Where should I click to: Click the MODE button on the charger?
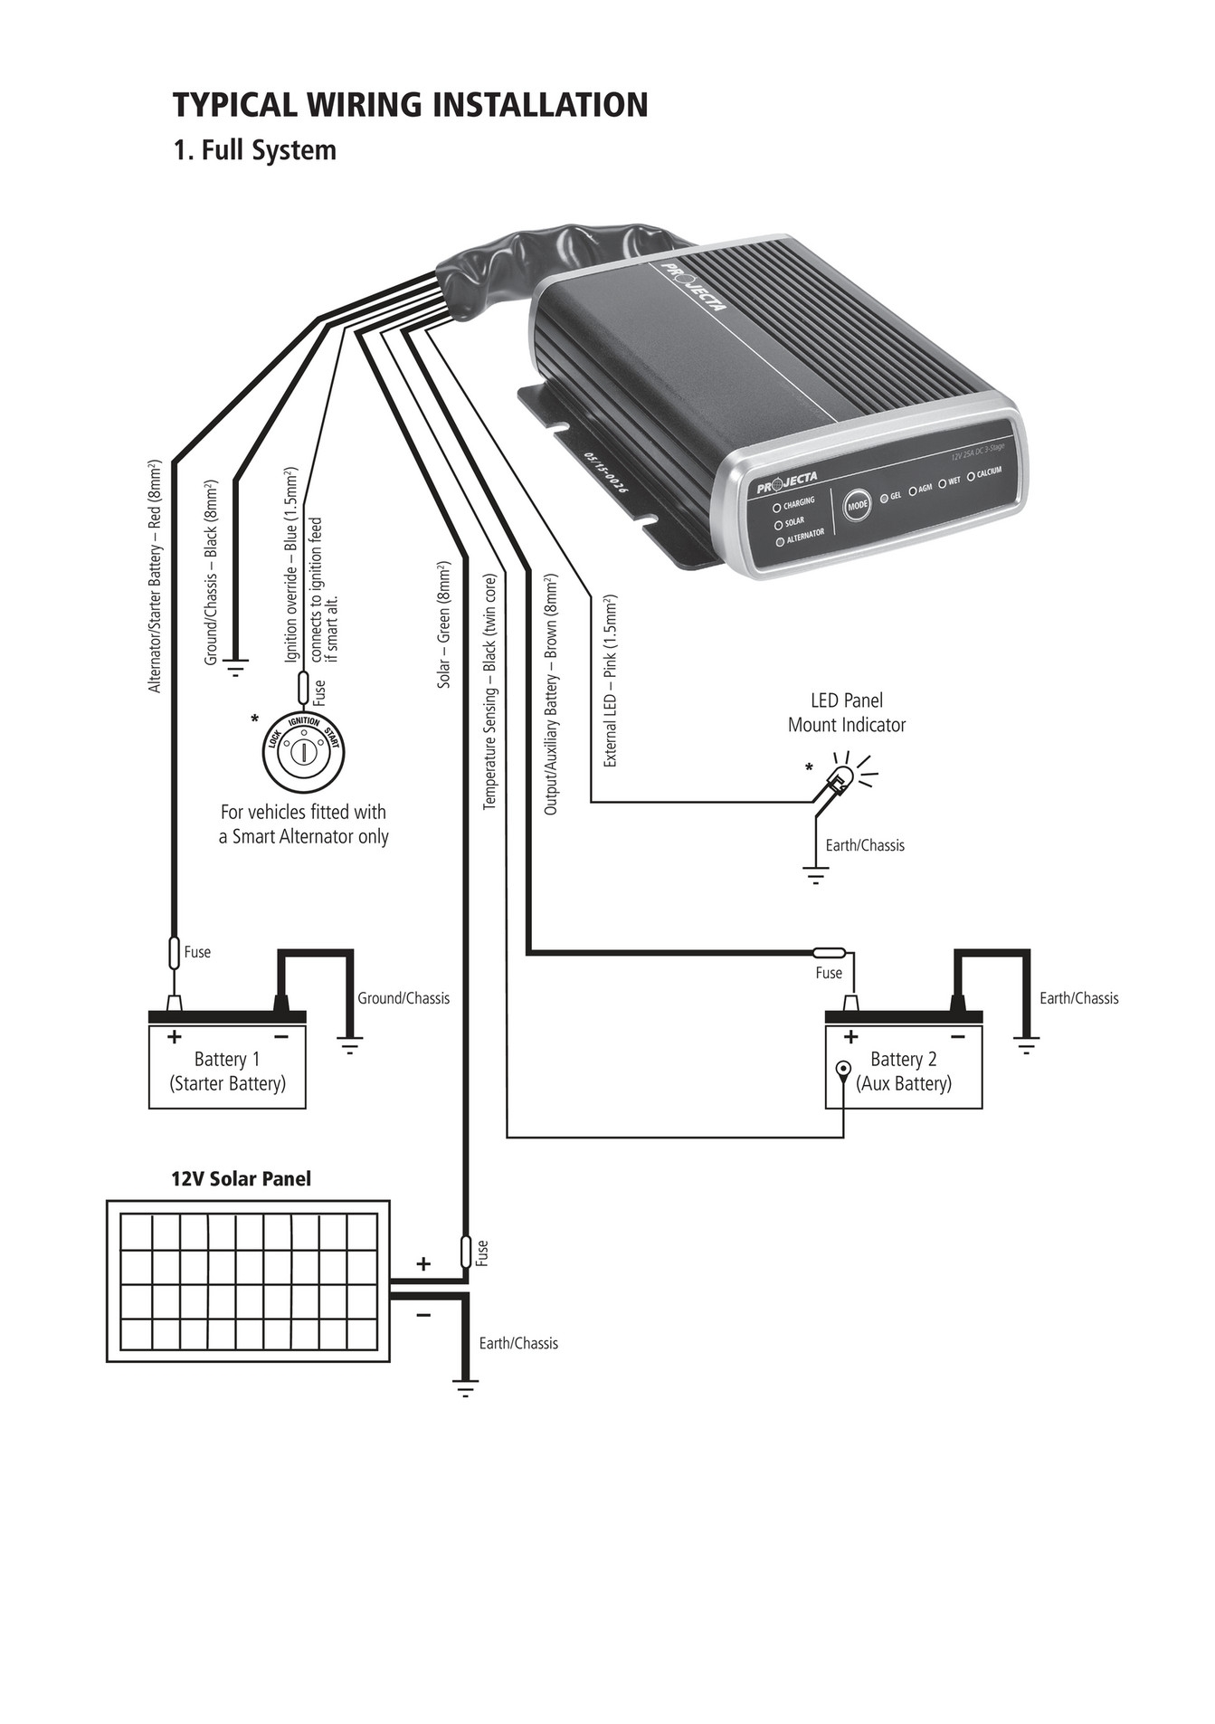coord(857,506)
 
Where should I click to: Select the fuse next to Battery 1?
coord(176,953)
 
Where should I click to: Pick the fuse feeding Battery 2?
coord(829,952)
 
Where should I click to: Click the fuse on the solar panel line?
coord(467,1252)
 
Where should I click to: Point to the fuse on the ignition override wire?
coord(304,689)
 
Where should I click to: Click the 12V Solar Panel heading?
coord(241,1178)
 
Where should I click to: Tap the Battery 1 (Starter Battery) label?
coord(227,1072)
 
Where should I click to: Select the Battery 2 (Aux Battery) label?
coord(904,1072)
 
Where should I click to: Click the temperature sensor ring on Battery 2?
coord(843,1069)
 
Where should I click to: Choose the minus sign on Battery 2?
coord(958,1037)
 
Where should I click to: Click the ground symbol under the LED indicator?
coord(815,874)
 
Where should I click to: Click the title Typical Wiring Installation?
coord(410,105)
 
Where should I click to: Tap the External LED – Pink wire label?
coord(611,681)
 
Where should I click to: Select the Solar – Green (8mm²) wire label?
coord(444,624)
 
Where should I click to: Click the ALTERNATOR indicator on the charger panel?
coord(800,537)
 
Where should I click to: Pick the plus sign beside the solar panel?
coord(422,1263)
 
